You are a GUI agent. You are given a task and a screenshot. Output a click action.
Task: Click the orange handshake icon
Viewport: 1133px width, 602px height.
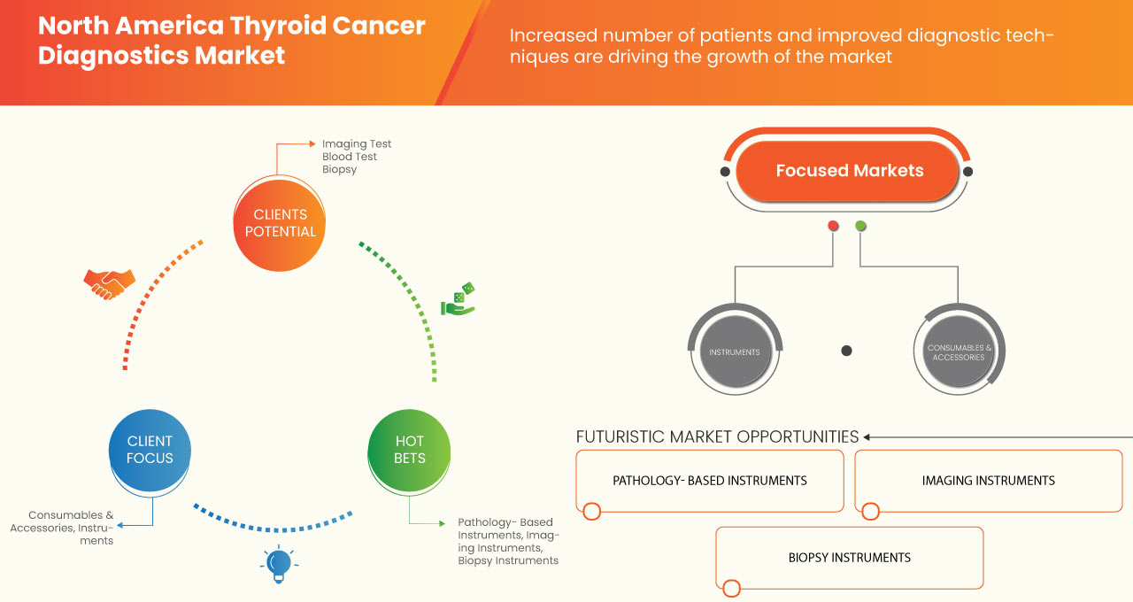(109, 283)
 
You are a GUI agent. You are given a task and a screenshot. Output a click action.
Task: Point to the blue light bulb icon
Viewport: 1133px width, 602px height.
(279, 564)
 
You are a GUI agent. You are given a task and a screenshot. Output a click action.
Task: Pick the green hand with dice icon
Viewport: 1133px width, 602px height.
(459, 300)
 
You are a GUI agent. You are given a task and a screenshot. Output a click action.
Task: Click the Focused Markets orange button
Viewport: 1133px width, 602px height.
(848, 171)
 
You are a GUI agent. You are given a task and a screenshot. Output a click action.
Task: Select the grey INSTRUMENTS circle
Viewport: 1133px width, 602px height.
(734, 351)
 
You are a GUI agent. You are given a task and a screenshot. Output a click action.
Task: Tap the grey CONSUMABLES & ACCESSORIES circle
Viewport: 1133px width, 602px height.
(960, 351)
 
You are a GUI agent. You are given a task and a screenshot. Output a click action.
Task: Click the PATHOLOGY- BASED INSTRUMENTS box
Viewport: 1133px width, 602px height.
(709, 481)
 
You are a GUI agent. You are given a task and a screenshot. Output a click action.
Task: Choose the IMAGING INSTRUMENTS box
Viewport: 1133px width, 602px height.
(988, 481)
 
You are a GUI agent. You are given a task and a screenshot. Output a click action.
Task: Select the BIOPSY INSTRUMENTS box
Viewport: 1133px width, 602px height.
(849, 558)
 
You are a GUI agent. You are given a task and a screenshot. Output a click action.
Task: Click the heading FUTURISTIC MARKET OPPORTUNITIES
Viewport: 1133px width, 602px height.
(717, 436)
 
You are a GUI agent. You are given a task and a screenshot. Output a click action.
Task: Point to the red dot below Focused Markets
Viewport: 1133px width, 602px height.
(833, 226)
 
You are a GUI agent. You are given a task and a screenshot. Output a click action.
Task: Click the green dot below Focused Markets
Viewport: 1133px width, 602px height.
(860, 226)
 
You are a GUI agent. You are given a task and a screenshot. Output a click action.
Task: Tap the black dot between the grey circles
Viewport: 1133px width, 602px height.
(846, 351)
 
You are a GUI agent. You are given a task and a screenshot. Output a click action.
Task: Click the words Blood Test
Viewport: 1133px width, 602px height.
(349, 157)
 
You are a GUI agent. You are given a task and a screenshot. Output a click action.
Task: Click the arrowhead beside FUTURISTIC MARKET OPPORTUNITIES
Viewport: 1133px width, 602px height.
(867, 436)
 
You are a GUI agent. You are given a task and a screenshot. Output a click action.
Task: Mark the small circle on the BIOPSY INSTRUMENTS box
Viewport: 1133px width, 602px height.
(731, 588)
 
